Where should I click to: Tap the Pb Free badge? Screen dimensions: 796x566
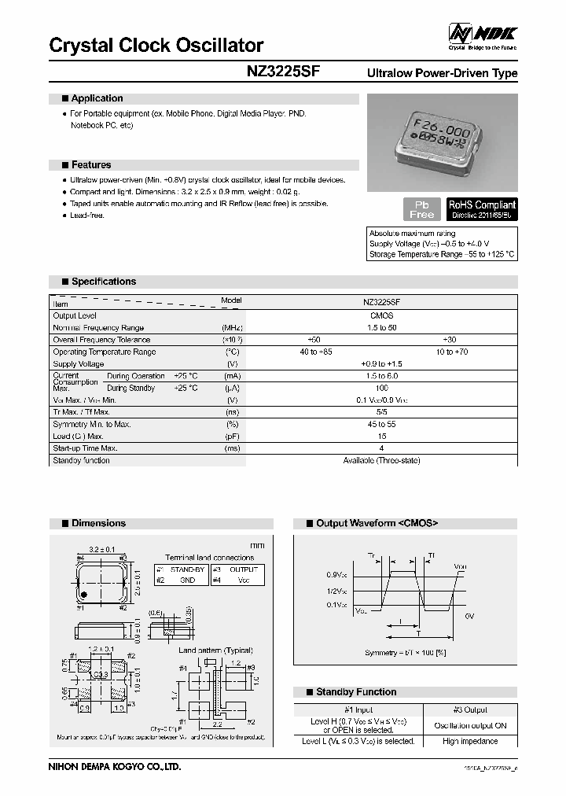[x=422, y=209]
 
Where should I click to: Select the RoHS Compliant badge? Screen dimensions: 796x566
[x=481, y=208]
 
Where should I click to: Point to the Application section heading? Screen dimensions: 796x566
[x=97, y=98]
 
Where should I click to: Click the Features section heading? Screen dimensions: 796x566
[x=91, y=165]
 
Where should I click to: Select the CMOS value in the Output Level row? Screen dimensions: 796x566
[x=381, y=315]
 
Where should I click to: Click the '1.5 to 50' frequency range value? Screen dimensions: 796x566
[x=381, y=327]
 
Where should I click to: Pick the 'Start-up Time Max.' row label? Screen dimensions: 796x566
[x=91, y=448]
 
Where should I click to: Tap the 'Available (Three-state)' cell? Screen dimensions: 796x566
[x=381, y=461]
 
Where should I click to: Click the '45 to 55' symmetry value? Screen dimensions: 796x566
[x=381, y=424]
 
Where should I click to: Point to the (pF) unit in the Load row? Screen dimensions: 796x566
[x=232, y=436]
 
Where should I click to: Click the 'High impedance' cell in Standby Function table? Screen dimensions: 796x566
[x=470, y=741]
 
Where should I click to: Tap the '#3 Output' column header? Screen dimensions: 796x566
[x=470, y=709]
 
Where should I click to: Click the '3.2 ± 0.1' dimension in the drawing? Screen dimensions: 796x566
[x=102, y=549]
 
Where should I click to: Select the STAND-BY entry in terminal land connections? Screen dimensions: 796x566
[x=187, y=569]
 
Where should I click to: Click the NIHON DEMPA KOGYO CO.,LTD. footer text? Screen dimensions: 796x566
[x=115, y=766]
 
